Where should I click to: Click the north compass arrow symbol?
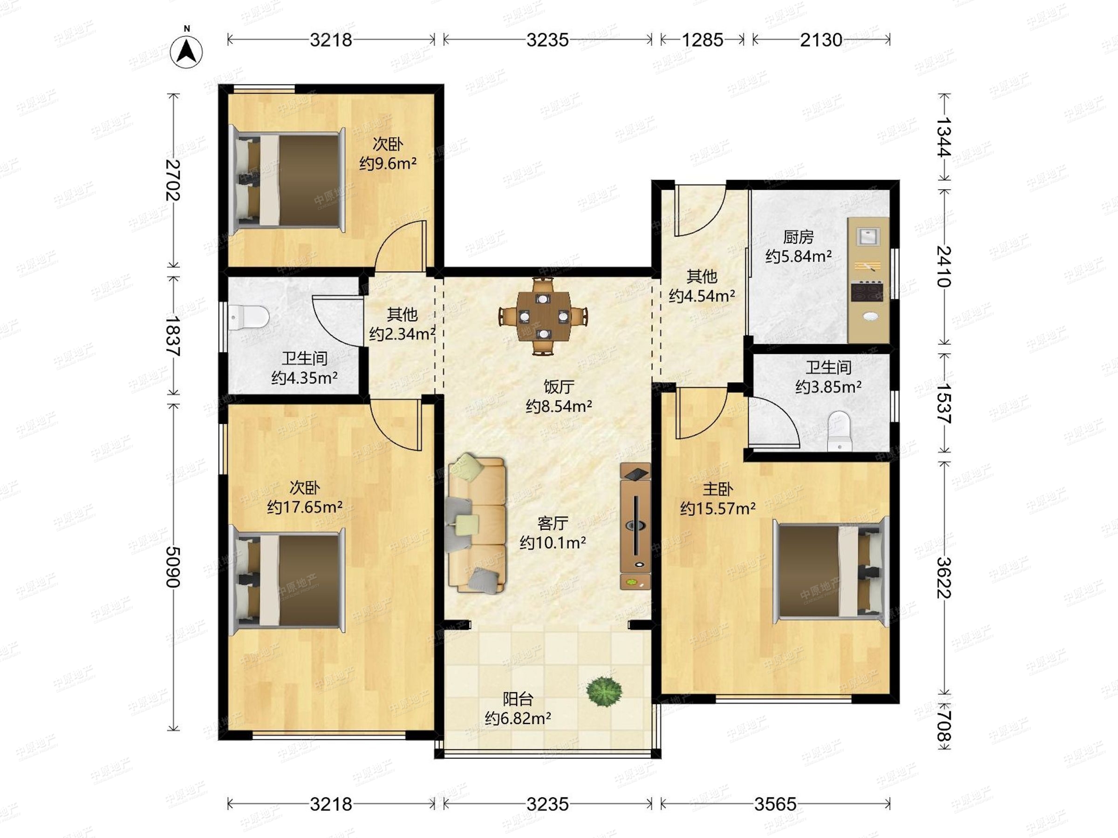[x=186, y=50]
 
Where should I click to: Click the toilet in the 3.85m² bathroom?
[x=839, y=431]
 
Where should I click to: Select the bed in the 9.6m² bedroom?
[x=287, y=180]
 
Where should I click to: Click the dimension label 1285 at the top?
[x=702, y=40]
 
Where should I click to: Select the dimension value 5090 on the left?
[x=173, y=567]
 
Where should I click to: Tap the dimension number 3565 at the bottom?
[x=775, y=804]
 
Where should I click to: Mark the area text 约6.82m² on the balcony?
[x=518, y=718]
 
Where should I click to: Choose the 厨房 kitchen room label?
[x=798, y=237]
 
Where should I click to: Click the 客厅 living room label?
[x=553, y=523]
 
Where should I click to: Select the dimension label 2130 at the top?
[x=821, y=40]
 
